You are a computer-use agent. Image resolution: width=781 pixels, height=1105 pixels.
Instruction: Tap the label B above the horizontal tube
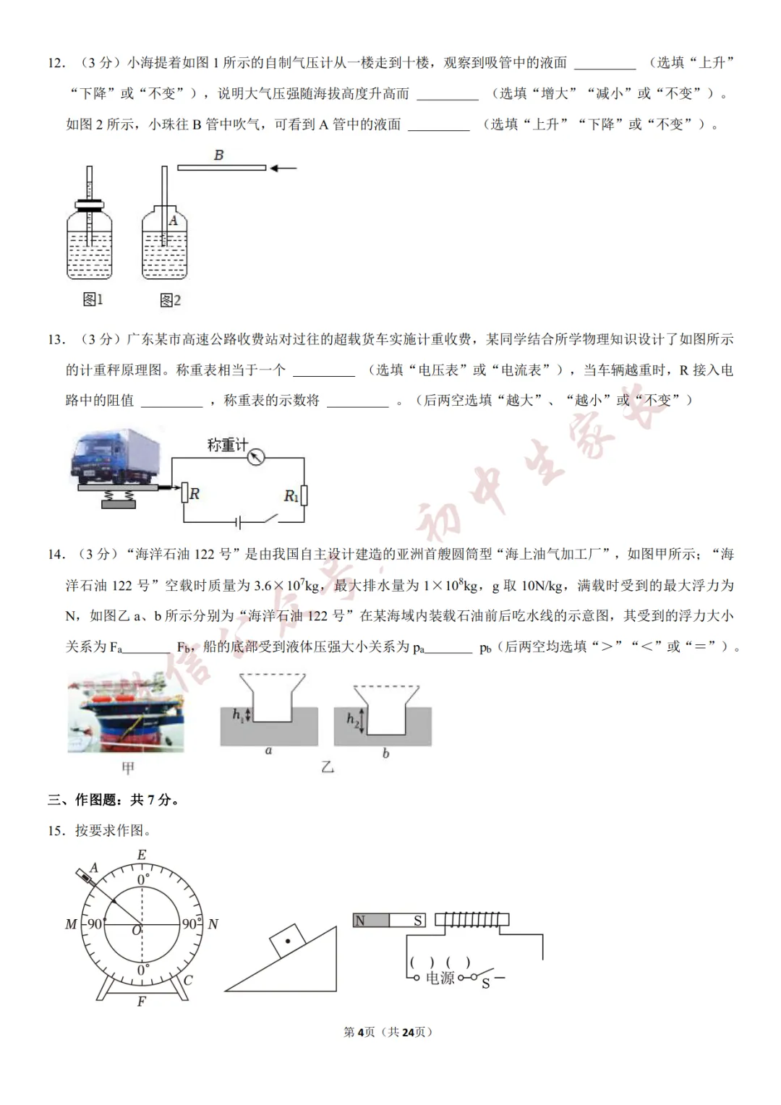coord(218,155)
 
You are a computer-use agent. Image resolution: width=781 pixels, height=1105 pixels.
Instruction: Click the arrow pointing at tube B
coord(283,168)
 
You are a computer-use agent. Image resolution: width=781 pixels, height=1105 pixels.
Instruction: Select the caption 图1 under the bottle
coord(93,299)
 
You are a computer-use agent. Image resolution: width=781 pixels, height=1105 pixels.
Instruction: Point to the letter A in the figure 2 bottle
coord(173,221)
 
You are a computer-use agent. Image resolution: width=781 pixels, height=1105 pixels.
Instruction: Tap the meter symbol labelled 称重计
coord(255,457)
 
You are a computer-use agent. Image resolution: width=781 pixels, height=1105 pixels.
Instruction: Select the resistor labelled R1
coord(304,495)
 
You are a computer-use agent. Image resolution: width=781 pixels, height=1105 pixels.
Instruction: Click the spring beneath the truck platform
coord(119,495)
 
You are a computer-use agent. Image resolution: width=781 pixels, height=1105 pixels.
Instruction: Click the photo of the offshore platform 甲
coord(125,712)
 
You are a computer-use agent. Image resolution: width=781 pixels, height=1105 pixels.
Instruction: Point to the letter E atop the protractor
coord(142,855)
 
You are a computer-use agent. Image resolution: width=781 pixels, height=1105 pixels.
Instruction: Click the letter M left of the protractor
coord(71,923)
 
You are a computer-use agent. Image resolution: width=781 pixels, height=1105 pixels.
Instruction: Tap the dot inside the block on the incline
coord(288,941)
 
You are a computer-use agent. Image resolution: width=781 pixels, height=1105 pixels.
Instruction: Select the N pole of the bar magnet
coord(360,921)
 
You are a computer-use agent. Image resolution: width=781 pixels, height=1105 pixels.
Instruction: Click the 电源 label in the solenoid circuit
coord(440,978)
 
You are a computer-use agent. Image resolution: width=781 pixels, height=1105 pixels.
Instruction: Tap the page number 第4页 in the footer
coord(359,1032)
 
